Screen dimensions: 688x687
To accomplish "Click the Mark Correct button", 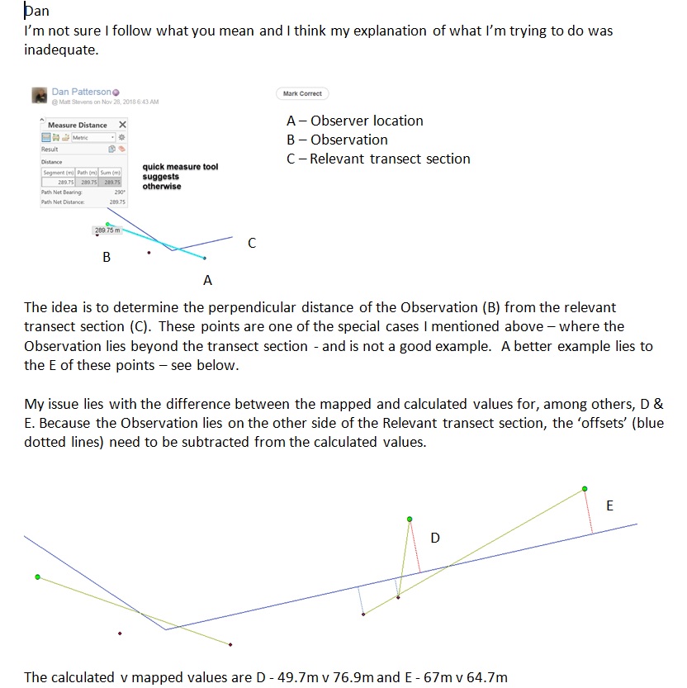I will [302, 93].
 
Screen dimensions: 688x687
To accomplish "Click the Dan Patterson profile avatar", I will [39, 96].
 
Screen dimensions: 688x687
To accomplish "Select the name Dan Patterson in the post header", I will [81, 92].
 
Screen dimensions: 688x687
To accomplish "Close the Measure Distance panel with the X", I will [122, 125].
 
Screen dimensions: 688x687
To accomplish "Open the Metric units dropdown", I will [90, 137].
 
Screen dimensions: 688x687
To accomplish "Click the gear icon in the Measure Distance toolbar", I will [121, 137].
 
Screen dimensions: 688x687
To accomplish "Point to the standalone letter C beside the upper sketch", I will [252, 243].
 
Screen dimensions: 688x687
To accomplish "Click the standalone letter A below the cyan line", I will [207, 281].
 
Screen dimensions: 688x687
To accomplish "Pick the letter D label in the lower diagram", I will [435, 539].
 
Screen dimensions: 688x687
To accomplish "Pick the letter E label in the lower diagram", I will [609, 505].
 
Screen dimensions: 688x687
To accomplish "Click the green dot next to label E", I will [585, 489].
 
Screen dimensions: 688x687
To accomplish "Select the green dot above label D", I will [409, 520].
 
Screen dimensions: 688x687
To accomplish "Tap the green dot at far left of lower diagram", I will [37, 576].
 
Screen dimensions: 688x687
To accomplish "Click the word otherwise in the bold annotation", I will [161, 186].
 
